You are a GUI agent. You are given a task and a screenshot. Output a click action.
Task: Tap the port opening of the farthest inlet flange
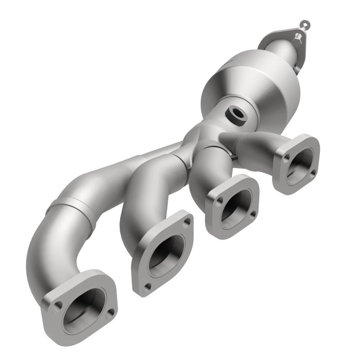pos(300,166)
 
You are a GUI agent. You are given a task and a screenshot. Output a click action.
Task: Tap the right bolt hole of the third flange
pos(253,214)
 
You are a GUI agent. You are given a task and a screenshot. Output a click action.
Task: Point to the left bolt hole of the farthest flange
pos(287,157)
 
